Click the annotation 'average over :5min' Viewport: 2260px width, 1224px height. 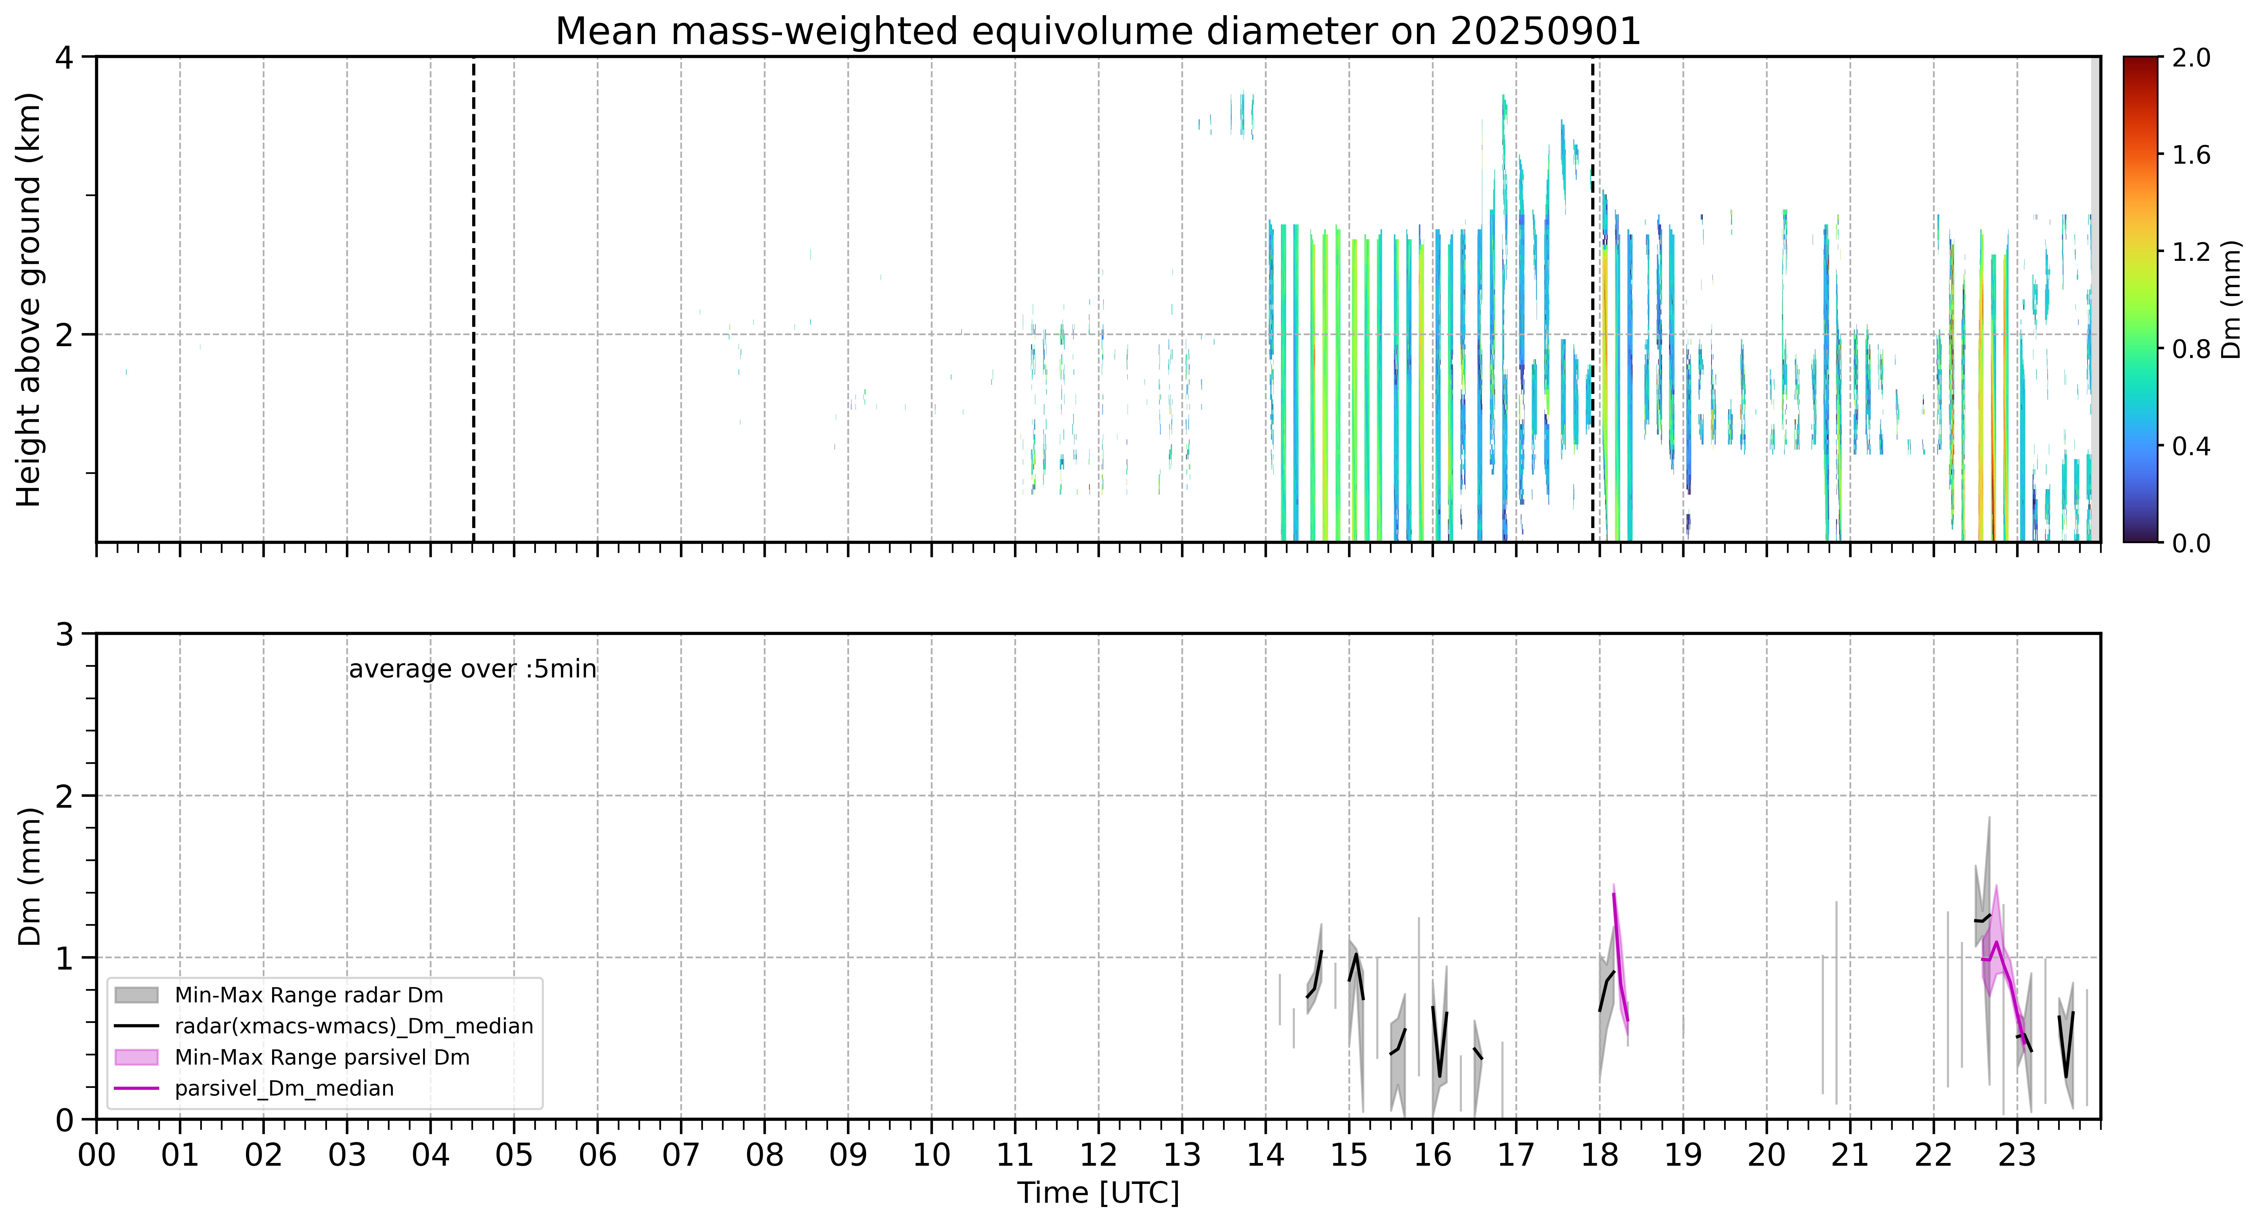[472, 670]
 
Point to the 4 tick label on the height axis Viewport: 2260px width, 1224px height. [64, 58]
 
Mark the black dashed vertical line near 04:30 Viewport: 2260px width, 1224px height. [474, 299]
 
